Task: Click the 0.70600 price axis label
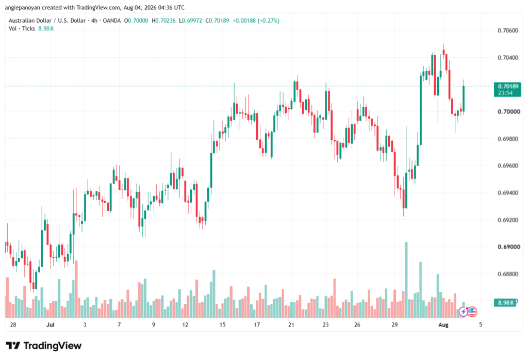pos(508,30)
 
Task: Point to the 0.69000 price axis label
pos(508,247)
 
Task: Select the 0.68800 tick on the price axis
pos(508,274)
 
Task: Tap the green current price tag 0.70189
pos(507,90)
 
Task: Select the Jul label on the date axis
pos(50,325)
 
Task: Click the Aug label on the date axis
pos(443,325)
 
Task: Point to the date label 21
pos(291,325)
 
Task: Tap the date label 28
pos(13,325)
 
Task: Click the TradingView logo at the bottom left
pos(43,346)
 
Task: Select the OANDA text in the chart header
pos(112,21)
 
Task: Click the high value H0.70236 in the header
pos(163,21)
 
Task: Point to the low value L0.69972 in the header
pos(191,21)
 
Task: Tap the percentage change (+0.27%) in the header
pos(268,21)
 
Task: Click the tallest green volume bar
pos(406,280)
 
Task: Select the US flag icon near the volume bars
pos(472,312)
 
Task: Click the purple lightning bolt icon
pos(464,312)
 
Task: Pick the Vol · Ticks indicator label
pos(22,29)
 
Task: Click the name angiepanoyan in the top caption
pos(23,7)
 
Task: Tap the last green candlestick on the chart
pos(464,99)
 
